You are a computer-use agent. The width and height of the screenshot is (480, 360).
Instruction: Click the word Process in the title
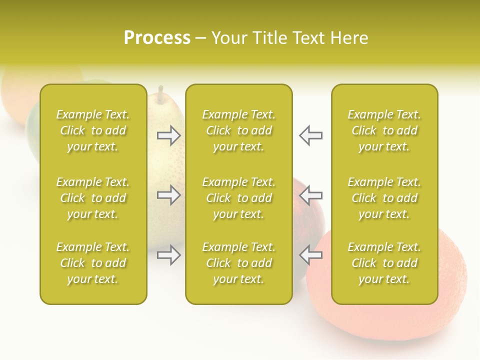(157, 38)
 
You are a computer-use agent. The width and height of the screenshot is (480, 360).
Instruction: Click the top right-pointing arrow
(168, 135)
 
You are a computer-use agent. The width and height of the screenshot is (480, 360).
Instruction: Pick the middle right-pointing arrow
(168, 195)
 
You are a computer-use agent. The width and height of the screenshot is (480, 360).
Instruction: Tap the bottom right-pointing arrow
(168, 255)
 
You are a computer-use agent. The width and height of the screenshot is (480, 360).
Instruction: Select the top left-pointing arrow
(310, 135)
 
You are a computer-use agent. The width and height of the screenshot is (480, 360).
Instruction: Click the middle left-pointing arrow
(310, 195)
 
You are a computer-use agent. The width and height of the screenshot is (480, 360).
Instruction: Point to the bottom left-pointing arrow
(310, 255)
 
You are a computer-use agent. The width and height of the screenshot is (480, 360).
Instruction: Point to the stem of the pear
(161, 92)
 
